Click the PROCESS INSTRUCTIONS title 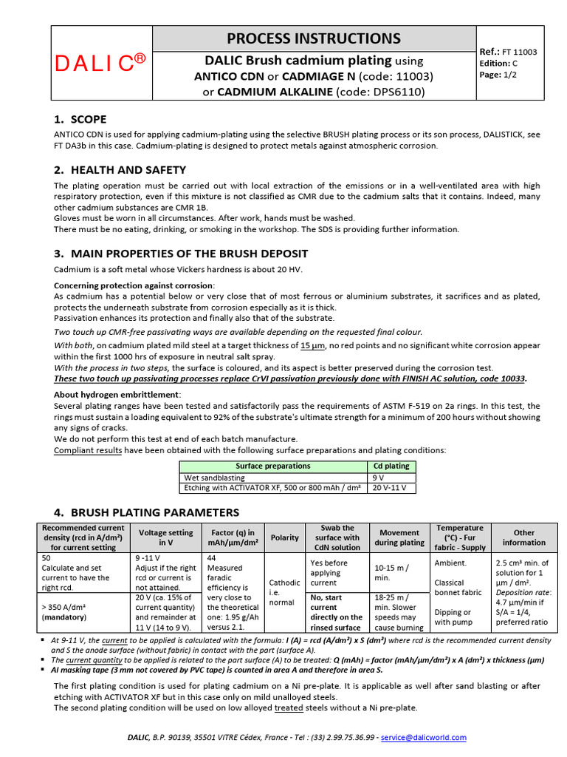[x=314, y=38]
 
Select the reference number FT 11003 [x=520, y=52]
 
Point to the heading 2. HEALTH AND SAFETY [x=120, y=170]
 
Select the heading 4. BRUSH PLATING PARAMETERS [x=146, y=512]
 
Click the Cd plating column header [x=392, y=466]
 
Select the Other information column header [x=524, y=537]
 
